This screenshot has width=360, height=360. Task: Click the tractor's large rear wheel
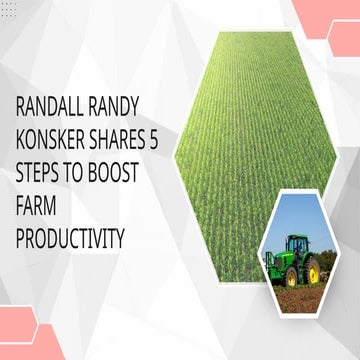click(311, 268)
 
